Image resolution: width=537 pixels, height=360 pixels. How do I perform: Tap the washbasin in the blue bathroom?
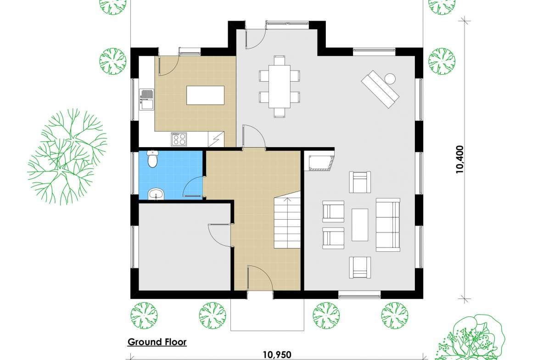[x=157, y=194]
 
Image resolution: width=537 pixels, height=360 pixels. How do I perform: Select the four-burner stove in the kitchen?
[x=179, y=139]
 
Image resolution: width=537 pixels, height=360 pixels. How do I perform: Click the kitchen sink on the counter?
[x=146, y=99]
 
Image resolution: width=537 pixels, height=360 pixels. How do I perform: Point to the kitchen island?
[x=206, y=95]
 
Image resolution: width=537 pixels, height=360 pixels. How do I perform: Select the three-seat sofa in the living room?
[x=388, y=225]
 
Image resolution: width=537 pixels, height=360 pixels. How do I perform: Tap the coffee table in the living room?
[x=360, y=225]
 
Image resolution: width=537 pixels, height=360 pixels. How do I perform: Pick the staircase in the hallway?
[x=287, y=222]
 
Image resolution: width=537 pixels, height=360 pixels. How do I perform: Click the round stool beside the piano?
[x=390, y=79]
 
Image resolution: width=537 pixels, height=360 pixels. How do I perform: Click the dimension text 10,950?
[x=277, y=355]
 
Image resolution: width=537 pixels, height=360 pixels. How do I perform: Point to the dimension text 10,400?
[x=459, y=160]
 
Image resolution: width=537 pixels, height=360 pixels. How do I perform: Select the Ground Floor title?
[x=157, y=342]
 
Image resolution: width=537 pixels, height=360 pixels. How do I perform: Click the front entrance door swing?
[x=260, y=278]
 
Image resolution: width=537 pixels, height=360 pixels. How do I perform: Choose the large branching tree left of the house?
[x=67, y=157]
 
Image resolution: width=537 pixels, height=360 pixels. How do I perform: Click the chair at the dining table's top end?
[x=280, y=60]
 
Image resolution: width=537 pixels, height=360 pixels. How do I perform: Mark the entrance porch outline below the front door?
[x=267, y=315]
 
